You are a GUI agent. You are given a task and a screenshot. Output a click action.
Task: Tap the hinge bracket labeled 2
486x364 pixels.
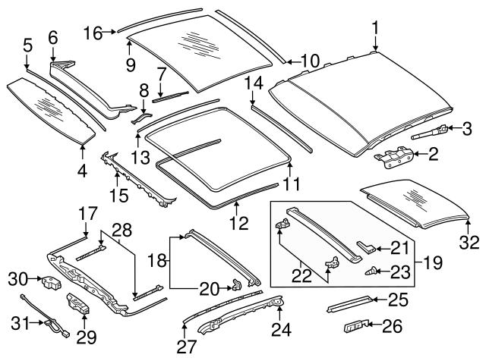point(393,157)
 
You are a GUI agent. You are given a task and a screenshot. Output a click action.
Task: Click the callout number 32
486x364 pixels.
point(470,243)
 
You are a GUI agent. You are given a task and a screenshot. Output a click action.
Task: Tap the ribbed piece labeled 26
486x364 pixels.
point(355,326)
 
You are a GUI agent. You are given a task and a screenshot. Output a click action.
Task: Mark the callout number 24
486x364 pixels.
point(280,330)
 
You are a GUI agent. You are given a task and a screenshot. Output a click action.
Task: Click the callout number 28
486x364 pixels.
point(122,229)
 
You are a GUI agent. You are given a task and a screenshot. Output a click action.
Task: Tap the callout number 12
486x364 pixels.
point(237,224)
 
